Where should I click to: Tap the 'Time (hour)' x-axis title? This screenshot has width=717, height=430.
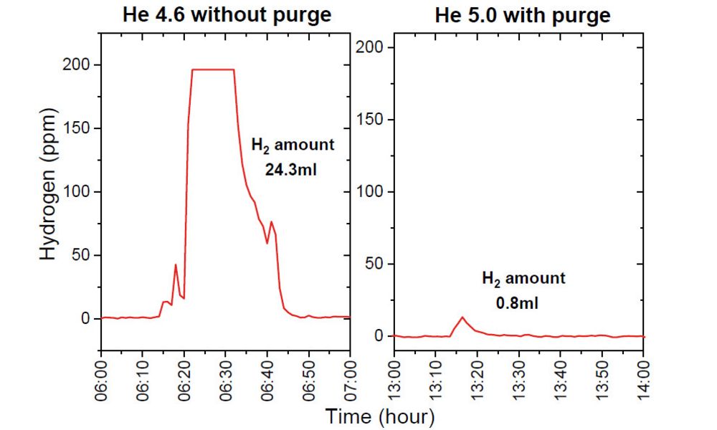click(380, 415)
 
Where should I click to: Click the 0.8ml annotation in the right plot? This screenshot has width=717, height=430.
click(517, 303)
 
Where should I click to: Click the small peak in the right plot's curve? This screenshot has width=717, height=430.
click(462, 317)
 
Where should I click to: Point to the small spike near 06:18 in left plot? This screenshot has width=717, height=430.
click(176, 265)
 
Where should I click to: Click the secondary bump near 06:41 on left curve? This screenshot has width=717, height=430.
click(271, 222)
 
